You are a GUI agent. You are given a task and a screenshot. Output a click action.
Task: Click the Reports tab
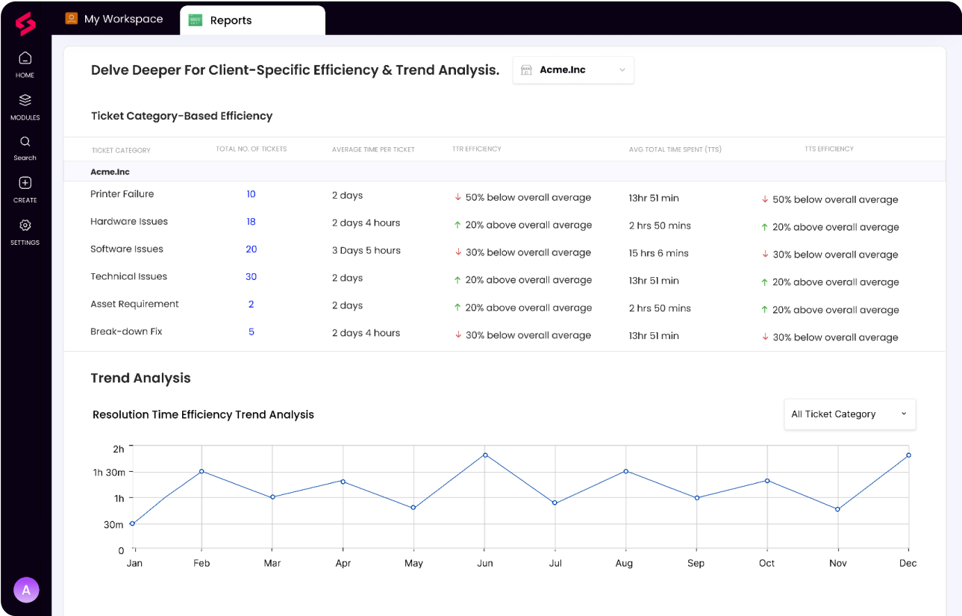230,20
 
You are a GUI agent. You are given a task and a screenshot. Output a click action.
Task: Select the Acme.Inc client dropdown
573,70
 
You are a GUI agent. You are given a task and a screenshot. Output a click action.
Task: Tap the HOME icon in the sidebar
25,59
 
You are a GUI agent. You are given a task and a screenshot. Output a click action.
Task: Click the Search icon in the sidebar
25,142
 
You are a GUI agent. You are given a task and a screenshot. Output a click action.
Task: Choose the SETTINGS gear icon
25,225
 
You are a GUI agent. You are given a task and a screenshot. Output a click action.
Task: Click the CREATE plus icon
25,184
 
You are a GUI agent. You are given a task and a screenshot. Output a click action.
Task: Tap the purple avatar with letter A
26,590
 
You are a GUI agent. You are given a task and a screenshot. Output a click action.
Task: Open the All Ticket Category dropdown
849,414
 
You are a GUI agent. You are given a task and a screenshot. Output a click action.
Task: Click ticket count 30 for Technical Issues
251,277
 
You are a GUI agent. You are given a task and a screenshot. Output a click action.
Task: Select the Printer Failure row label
122,194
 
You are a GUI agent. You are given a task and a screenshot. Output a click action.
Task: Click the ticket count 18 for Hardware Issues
251,222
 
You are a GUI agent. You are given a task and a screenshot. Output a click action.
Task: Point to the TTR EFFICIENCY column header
477,149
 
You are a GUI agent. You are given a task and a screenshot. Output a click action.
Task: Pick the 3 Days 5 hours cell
366,251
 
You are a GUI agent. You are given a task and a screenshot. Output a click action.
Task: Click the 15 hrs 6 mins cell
659,254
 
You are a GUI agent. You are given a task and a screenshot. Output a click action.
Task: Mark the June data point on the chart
485,455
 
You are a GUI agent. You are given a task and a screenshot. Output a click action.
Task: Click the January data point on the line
132,523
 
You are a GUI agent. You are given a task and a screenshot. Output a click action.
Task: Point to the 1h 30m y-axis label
109,473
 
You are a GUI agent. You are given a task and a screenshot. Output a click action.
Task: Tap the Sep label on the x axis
696,563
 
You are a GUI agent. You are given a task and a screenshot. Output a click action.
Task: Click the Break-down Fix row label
126,332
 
